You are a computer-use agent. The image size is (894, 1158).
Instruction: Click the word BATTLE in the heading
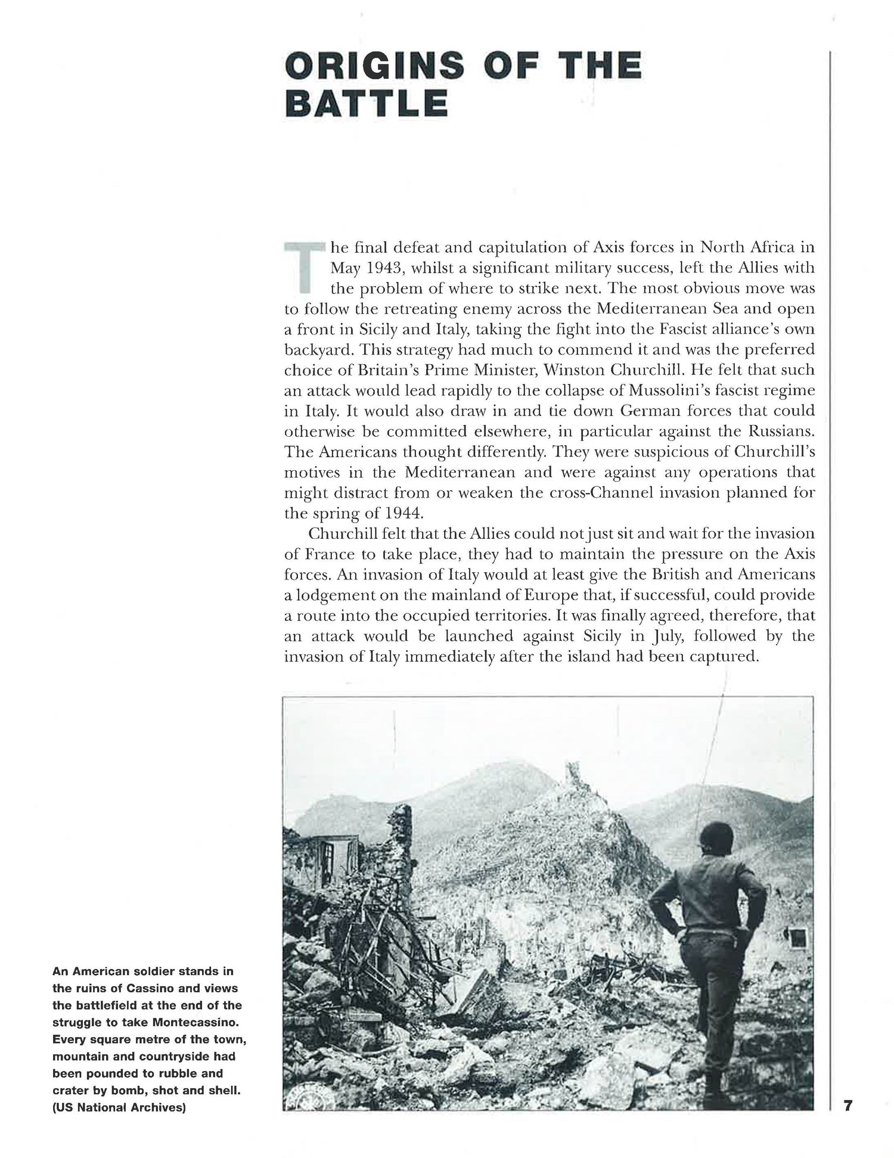tap(367, 103)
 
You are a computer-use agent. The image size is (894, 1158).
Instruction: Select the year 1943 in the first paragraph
tap(385, 268)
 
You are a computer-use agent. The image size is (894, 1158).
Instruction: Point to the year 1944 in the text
tap(387, 514)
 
